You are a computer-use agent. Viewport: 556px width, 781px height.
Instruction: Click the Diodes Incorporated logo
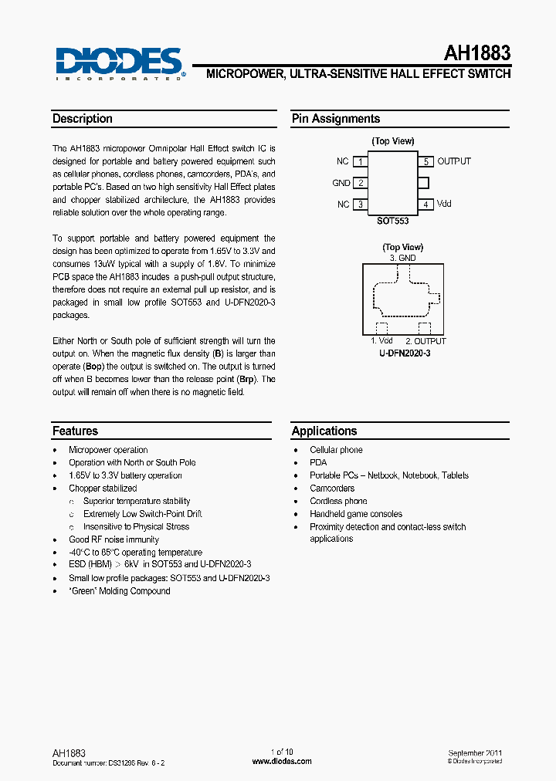tap(119, 63)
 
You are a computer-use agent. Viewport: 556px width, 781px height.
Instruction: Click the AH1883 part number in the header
tap(476, 53)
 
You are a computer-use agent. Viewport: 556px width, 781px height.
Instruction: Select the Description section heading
tap(83, 119)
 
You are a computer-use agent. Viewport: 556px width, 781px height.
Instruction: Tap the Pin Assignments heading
tap(336, 119)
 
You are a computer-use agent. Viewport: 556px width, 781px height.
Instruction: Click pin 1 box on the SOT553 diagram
tap(360, 161)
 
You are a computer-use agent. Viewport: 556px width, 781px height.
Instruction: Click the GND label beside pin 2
tap(341, 183)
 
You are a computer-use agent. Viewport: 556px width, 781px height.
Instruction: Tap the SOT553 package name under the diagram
tap(392, 221)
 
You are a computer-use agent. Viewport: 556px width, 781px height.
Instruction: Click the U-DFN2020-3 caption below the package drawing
tap(404, 352)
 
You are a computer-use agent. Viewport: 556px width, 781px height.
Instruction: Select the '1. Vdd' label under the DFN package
tap(381, 341)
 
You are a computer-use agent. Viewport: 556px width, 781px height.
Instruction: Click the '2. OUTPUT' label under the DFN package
tap(425, 341)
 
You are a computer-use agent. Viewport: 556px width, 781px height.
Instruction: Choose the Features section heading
tap(75, 431)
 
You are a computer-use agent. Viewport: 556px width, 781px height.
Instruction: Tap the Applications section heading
tap(324, 431)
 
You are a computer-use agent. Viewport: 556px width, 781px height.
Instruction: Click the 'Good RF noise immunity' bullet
tap(114, 539)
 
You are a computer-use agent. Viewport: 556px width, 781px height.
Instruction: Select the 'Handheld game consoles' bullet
tap(356, 514)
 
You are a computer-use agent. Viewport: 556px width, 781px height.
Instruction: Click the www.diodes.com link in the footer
tap(282, 761)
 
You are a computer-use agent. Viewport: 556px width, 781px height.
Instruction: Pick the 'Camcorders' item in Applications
tap(332, 489)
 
